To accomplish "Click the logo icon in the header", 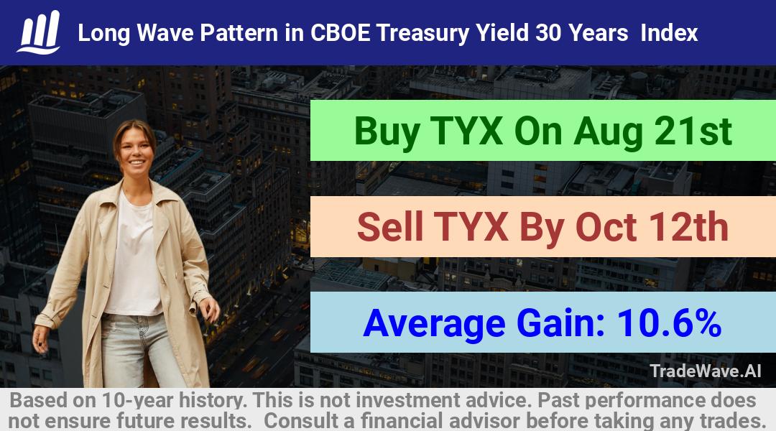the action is (x=39, y=32).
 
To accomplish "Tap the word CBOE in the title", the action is (x=340, y=33).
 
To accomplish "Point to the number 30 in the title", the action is (x=548, y=33).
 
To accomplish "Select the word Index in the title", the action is (x=669, y=33).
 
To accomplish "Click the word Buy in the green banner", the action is (x=387, y=131).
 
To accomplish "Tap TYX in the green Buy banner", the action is (x=467, y=131).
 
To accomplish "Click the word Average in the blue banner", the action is (x=434, y=323).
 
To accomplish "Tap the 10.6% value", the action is (x=669, y=323).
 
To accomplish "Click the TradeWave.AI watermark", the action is (x=706, y=371).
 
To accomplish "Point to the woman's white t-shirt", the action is (x=133, y=257).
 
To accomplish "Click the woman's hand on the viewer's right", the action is (x=211, y=307).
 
